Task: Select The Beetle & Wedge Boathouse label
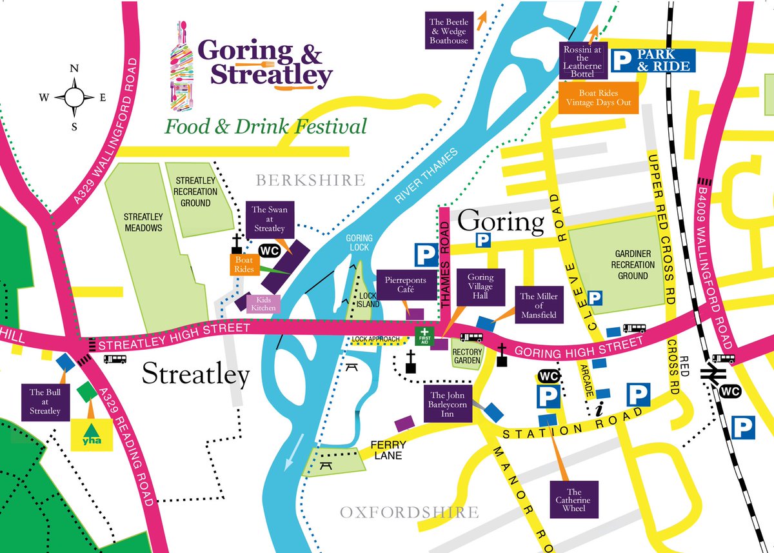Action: click(x=449, y=31)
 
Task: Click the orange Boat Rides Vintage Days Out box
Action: click(x=599, y=97)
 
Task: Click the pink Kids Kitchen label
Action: click(x=264, y=304)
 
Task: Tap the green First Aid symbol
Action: click(x=424, y=336)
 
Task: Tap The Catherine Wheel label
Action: click(x=574, y=500)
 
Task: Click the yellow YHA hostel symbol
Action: click(x=91, y=434)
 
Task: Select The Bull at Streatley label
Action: click(x=45, y=401)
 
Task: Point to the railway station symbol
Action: click(x=717, y=374)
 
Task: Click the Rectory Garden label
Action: click(x=468, y=356)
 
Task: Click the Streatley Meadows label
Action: click(x=143, y=223)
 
